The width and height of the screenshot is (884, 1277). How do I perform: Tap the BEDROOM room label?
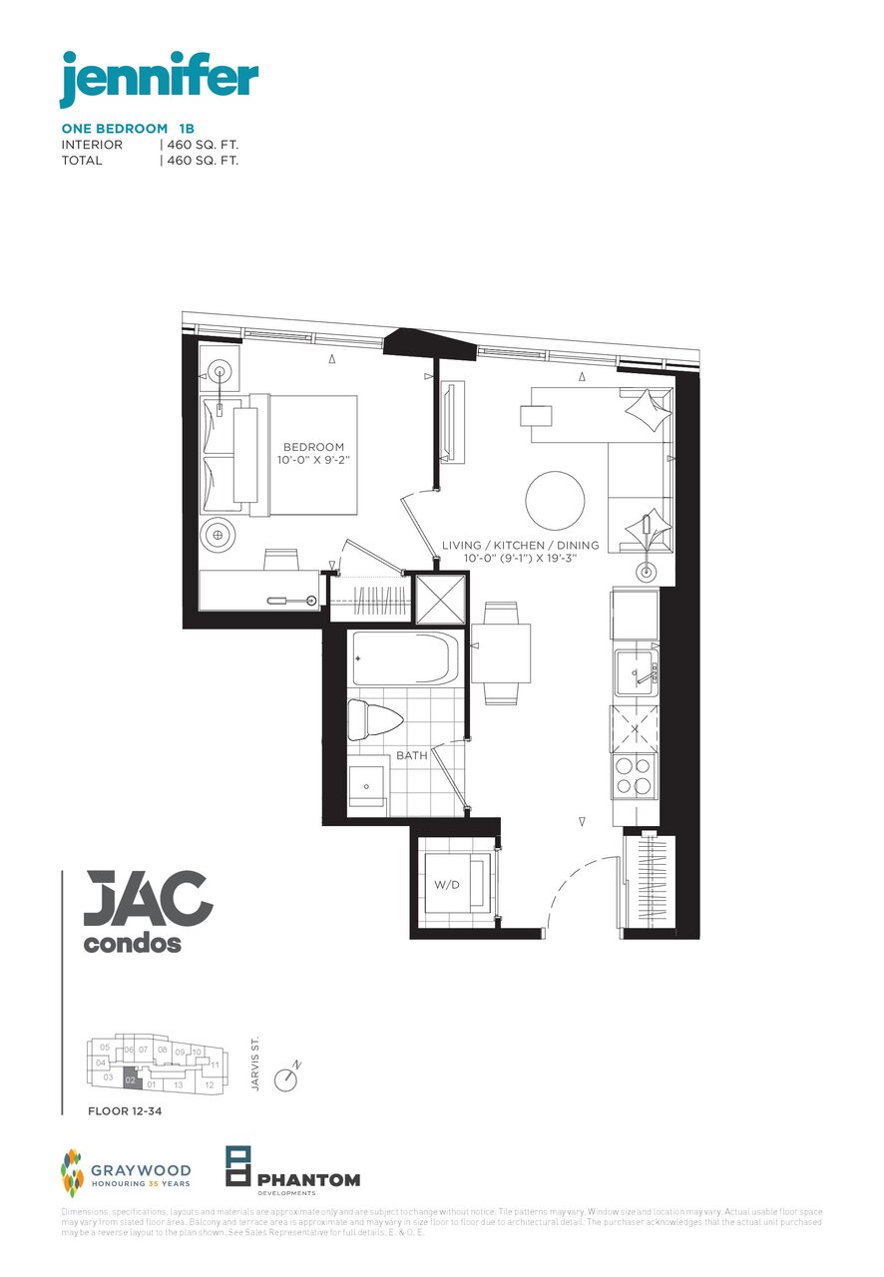point(313,447)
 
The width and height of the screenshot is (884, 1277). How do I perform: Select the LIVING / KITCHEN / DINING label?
point(520,546)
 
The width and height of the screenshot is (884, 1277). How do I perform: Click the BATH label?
point(411,755)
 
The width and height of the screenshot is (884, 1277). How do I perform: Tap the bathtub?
point(404,659)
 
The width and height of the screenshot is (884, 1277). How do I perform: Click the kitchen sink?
point(635,672)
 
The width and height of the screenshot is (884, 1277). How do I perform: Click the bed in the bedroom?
point(289,454)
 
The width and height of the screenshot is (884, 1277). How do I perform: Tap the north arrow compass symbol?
point(287,1078)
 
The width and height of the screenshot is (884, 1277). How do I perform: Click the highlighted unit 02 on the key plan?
point(131,1080)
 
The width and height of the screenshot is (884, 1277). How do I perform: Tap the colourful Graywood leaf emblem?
point(72,1173)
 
